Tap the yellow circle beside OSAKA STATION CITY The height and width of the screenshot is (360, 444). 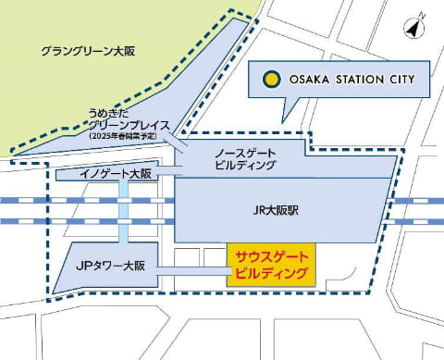click(271, 80)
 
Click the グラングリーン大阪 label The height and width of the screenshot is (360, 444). click(89, 52)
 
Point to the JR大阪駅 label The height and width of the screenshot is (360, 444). click(277, 210)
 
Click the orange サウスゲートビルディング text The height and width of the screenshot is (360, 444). click(272, 264)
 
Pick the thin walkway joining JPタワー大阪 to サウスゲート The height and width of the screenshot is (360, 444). click(192, 270)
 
